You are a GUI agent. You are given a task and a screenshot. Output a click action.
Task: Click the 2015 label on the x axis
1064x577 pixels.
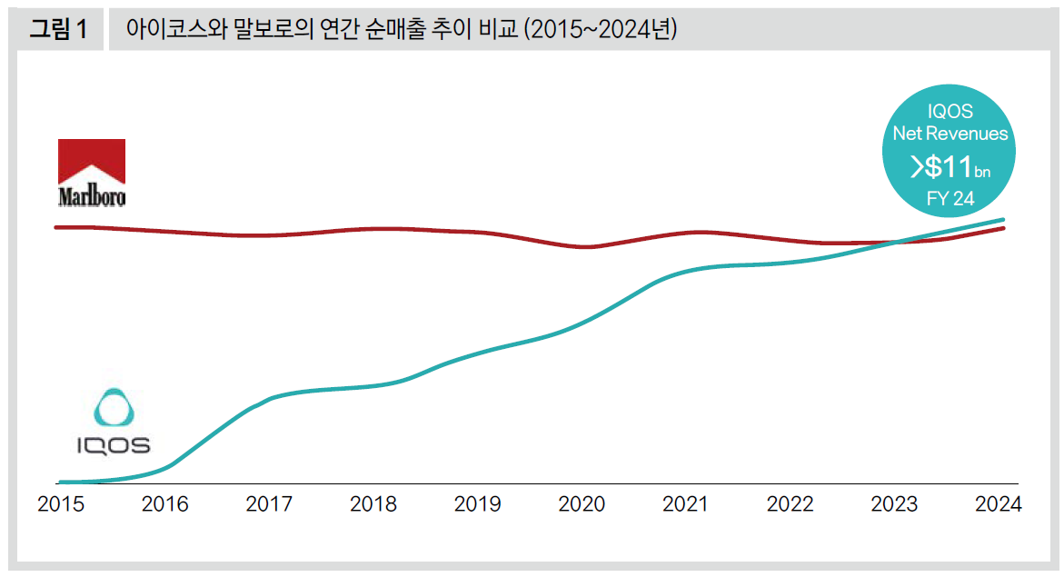tap(61, 504)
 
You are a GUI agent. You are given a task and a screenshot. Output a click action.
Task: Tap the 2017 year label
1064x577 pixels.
tap(269, 504)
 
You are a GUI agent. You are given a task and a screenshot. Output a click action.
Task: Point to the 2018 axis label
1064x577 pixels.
tap(373, 504)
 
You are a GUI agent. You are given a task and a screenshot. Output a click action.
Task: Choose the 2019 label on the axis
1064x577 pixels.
tap(477, 504)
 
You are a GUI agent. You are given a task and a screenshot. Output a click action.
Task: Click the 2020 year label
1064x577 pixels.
tap(582, 504)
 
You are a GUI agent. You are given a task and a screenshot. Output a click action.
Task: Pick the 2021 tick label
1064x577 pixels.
tap(686, 504)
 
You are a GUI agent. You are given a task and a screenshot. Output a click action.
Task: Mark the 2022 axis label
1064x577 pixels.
tap(790, 504)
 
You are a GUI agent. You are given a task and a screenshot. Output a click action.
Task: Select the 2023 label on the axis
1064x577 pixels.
tap(894, 504)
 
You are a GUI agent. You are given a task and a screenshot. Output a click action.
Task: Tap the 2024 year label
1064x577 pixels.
tap(998, 504)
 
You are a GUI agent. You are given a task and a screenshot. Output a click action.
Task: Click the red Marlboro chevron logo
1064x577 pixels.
tap(91, 162)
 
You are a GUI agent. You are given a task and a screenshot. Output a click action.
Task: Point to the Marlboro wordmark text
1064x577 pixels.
tap(91, 195)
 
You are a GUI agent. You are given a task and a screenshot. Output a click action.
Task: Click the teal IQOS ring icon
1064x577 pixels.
tap(114, 408)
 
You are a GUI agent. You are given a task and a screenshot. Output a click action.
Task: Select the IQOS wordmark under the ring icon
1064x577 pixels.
tap(113, 445)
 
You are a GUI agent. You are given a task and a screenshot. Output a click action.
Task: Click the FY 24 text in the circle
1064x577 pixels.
tap(950, 199)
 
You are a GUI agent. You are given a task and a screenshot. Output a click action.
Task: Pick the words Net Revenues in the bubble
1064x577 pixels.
tap(950, 134)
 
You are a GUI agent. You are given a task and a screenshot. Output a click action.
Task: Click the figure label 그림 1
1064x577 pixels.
tap(58, 29)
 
